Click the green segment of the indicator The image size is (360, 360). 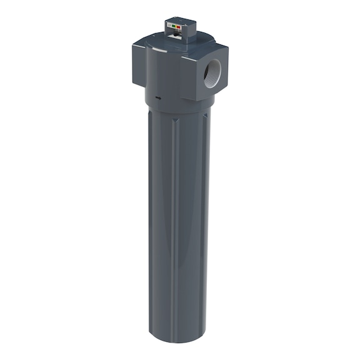(x=172, y=26)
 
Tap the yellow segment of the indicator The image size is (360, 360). (x=176, y=26)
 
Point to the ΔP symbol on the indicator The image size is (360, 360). (x=169, y=25)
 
